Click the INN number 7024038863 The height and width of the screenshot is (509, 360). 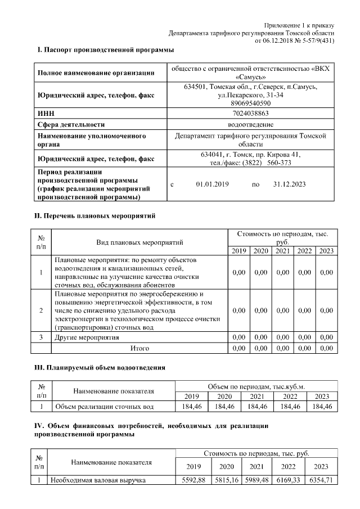pyautogui.click(x=250, y=114)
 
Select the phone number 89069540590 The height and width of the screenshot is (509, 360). pyautogui.click(x=250, y=103)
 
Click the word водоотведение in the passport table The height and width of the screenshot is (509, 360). pyautogui.click(x=250, y=124)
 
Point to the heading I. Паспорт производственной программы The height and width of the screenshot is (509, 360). pyautogui.click(x=105, y=51)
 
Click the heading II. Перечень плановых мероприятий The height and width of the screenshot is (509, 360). pyautogui.click(x=94, y=215)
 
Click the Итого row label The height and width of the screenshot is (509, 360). pyautogui.click(x=139, y=348)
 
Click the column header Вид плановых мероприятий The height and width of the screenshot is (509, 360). pyautogui.click(x=139, y=242)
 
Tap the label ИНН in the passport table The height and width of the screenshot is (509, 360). pyautogui.click(x=46, y=114)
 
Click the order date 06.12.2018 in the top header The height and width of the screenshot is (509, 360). pyautogui.click(x=273, y=40)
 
